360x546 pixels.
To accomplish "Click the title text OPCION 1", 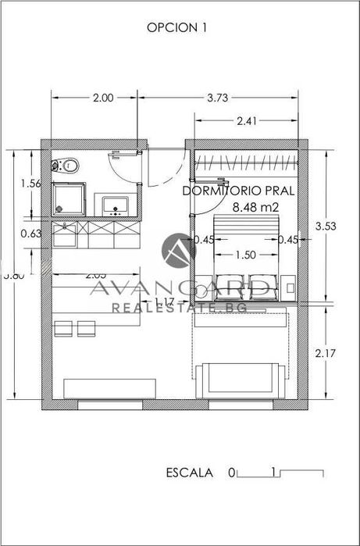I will pos(176,27).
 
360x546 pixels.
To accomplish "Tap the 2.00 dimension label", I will pos(102,98).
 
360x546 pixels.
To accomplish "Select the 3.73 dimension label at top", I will pos(219,98).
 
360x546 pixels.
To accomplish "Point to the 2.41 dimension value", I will pos(245,121).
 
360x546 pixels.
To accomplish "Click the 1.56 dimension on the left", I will pos(31,184).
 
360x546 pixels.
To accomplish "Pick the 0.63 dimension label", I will pos(31,233).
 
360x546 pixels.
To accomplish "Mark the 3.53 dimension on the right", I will pos(324,226).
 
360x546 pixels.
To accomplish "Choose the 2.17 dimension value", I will pos(324,353).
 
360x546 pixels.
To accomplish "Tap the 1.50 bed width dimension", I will pos(245,255).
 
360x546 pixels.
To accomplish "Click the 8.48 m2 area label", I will pos(256,207).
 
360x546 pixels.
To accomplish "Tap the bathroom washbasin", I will pos(115,205).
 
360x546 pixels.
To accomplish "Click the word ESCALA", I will pos(189,473).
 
